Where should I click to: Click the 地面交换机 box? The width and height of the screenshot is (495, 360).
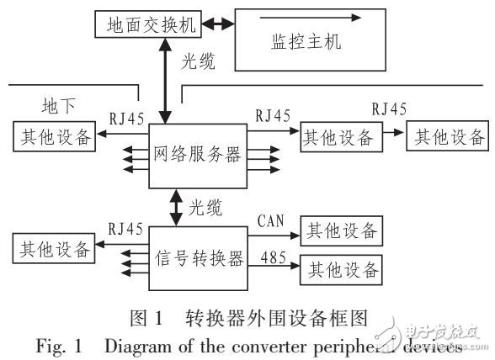click(x=149, y=24)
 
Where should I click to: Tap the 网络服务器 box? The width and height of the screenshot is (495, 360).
click(x=198, y=155)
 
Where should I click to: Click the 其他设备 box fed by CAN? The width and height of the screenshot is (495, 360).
click(x=341, y=230)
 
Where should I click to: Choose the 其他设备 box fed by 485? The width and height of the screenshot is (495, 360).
click(x=341, y=270)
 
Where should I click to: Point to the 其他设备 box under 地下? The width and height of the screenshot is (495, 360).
click(x=53, y=137)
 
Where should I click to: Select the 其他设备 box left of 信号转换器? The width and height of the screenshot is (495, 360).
click(x=53, y=248)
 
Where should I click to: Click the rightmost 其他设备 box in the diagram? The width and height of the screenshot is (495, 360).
click(x=446, y=136)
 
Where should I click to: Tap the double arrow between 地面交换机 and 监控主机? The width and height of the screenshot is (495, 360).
click(x=217, y=25)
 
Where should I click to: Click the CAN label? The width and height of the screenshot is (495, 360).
click(x=271, y=221)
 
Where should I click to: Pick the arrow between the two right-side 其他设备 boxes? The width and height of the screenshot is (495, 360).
click(x=391, y=136)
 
